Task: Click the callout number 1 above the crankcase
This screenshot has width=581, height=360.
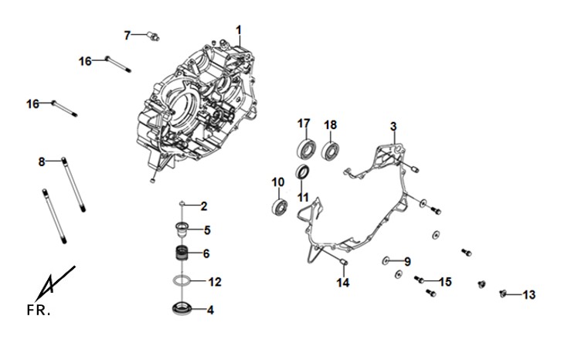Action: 239,30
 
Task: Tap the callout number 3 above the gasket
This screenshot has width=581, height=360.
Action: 393,126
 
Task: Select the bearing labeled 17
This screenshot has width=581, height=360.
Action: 307,148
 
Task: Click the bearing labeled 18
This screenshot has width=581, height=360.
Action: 330,150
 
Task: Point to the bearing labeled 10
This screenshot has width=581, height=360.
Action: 280,207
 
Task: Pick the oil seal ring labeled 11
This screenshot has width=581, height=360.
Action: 303,172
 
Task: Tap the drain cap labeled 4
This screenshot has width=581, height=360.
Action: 182,308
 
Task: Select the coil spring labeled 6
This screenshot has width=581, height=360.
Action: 182,253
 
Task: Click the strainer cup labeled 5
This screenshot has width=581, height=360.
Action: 182,229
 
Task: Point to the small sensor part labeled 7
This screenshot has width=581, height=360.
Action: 153,36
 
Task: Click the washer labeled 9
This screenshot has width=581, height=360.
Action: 386,261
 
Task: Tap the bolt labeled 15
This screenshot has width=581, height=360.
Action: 419,279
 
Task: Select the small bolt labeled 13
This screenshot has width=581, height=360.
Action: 502,294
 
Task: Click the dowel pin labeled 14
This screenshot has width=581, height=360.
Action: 343,262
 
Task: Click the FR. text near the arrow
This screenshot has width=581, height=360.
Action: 38,310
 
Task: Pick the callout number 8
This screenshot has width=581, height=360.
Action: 42,161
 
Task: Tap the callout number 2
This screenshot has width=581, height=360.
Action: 204,206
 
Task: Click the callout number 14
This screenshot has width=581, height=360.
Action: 343,283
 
